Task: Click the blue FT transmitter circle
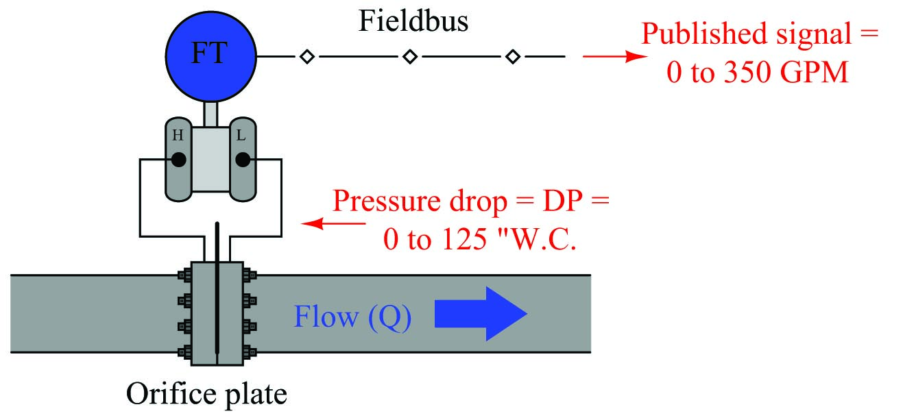click(x=210, y=54)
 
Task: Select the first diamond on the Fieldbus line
click(x=307, y=57)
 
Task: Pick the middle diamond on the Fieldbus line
click(x=409, y=57)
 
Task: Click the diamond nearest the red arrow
click(x=512, y=57)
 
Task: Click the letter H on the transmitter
click(x=178, y=136)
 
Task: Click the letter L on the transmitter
click(x=241, y=136)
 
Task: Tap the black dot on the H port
click(x=178, y=160)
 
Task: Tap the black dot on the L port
click(x=242, y=160)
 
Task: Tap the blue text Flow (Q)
click(x=352, y=317)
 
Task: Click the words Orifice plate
click(x=205, y=394)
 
